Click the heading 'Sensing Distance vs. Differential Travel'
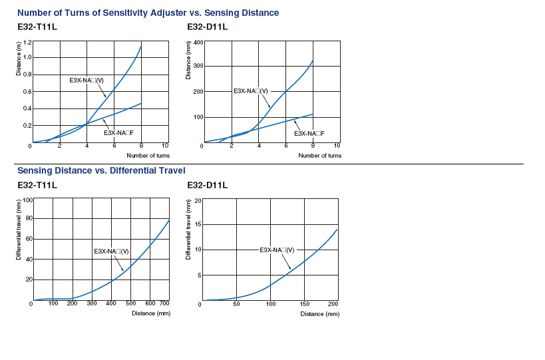(101, 171)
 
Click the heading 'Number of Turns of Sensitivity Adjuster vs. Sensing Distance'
(148, 13)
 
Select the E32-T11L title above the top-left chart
(37, 27)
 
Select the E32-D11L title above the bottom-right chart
(207, 185)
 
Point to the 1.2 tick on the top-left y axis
(27, 43)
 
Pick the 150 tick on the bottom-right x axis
(305, 304)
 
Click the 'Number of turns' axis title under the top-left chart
(148, 156)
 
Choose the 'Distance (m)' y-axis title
(18, 58)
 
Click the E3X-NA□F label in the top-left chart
(119, 133)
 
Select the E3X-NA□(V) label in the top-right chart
(251, 90)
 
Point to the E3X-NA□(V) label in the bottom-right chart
(277, 250)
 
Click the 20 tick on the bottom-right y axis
(197, 200)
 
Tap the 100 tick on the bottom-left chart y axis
(27, 200)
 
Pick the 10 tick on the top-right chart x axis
(337, 146)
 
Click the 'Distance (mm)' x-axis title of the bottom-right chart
(319, 313)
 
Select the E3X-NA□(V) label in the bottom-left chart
(111, 251)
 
